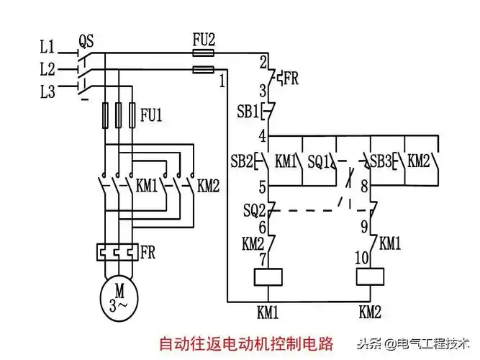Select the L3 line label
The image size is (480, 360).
click(47, 91)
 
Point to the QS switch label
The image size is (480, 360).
click(86, 42)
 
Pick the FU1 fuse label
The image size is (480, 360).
click(150, 114)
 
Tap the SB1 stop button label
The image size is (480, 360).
click(248, 112)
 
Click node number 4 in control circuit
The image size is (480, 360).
click(263, 135)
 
